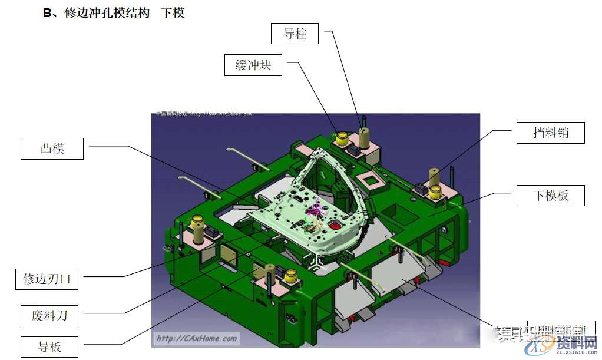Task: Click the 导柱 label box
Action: (295, 34)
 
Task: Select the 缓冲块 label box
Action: (253, 65)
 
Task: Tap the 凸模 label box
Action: (52, 148)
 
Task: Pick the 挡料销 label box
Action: (551, 133)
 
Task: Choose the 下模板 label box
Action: (551, 195)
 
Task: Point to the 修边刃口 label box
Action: (47, 279)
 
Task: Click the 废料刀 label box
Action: (49, 315)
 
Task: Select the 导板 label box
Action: (49, 346)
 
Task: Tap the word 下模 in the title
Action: (173, 13)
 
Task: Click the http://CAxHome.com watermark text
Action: (196, 338)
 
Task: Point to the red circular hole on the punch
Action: (336, 225)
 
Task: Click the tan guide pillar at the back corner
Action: (365, 137)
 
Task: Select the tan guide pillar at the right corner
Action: (434, 176)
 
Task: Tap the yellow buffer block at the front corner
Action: (291, 276)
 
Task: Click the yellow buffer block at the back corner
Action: (341, 138)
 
